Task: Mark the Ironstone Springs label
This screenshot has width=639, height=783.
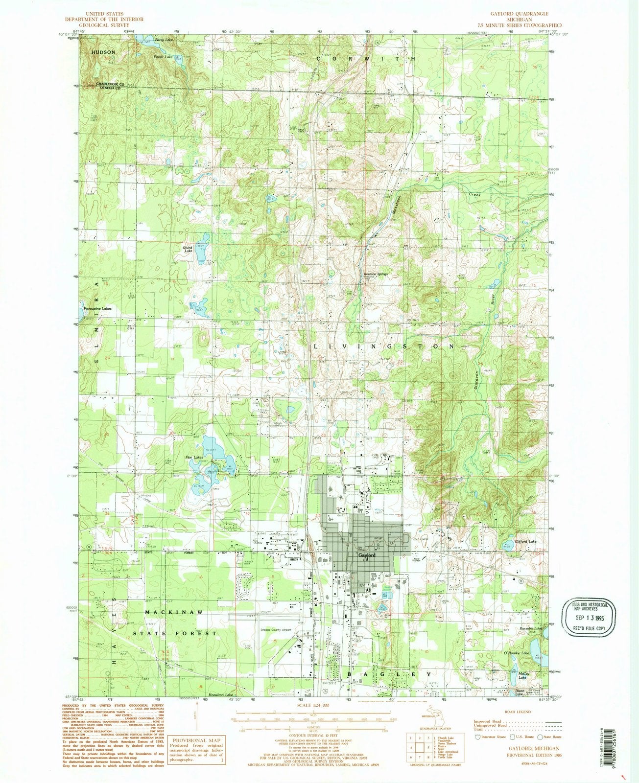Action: (376, 274)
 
